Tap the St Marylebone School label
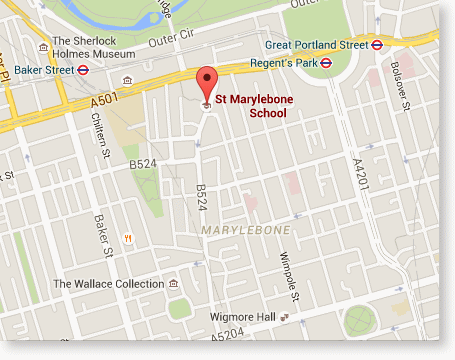coord(252,106)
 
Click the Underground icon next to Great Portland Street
coord(379,44)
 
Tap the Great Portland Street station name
coord(317,44)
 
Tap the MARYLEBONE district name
coord(245,230)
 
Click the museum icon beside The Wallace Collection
coord(174,285)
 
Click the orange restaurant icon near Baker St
coord(128,237)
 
